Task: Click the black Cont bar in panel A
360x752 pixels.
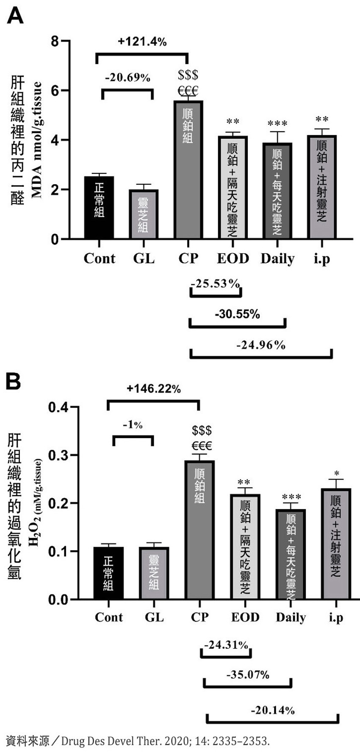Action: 99,207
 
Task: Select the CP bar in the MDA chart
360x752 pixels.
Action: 188,169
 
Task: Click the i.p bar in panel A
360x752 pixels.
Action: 321,187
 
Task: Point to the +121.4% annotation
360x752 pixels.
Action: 142,42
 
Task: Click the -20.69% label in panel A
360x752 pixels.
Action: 127,78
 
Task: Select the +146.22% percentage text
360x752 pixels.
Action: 154,388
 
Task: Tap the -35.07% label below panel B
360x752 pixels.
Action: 248,674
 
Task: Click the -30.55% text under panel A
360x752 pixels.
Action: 237,314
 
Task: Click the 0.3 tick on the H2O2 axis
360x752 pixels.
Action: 58,455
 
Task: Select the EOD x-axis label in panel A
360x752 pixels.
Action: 233,258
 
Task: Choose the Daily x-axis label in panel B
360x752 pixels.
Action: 291,617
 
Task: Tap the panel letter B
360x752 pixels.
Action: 13,381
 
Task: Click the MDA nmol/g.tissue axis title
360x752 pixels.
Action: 37,140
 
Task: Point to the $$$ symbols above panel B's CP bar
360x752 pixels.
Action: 202,431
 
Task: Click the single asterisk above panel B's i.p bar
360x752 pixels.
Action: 336,473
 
